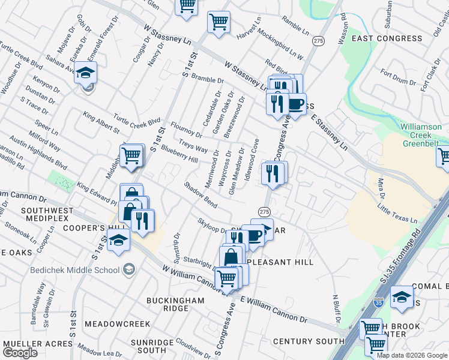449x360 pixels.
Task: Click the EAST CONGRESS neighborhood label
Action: (x=395, y=38)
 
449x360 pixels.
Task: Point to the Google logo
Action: (x=20, y=353)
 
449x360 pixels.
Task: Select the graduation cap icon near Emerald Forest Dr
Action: (x=86, y=73)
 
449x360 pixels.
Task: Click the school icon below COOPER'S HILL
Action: (x=119, y=241)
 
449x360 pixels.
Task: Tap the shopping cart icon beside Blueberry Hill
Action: (x=131, y=155)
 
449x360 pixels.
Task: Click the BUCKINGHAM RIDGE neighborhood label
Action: (x=167, y=304)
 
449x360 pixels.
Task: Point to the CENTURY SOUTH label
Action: (x=309, y=341)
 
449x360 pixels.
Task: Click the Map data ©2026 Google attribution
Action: (x=412, y=355)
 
